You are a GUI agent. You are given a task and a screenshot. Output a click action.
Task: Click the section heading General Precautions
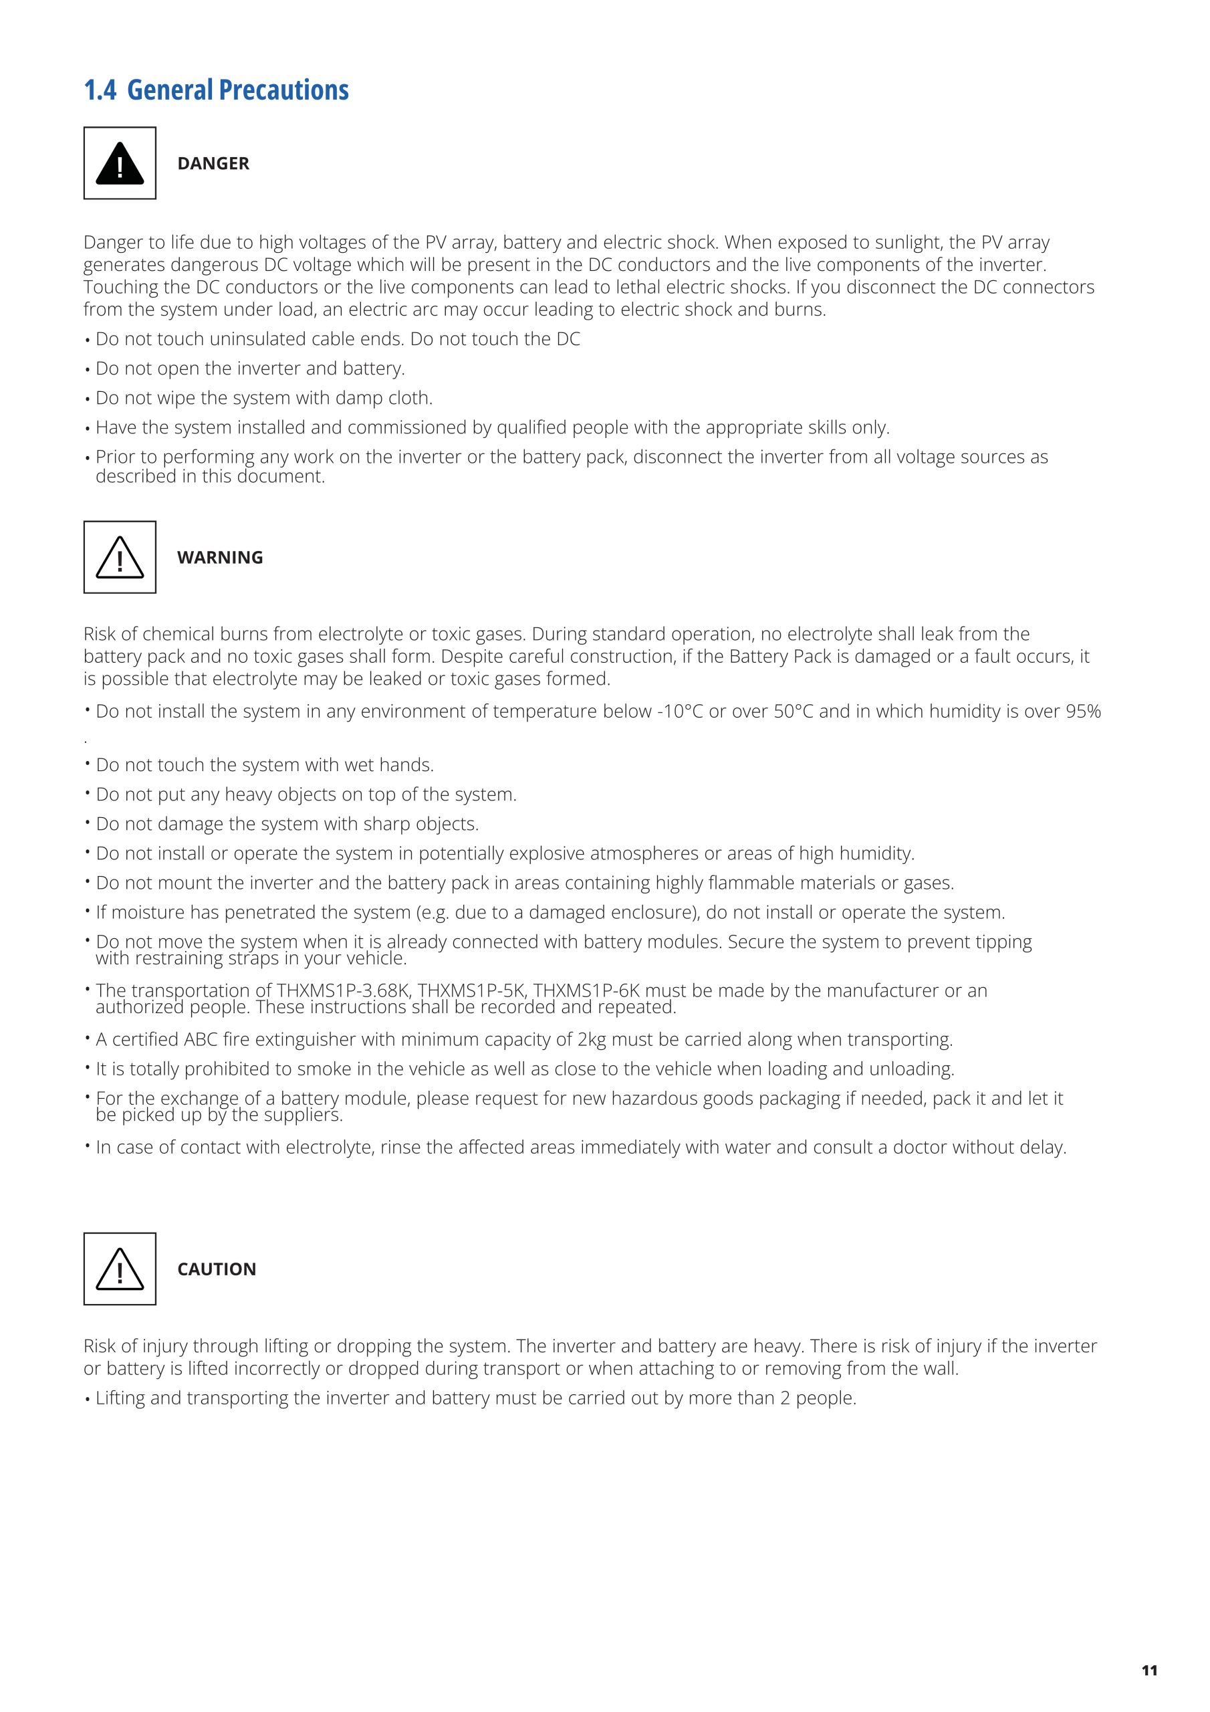pyautogui.click(x=238, y=90)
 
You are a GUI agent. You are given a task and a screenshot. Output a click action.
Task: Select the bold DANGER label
pyautogui.click(x=213, y=163)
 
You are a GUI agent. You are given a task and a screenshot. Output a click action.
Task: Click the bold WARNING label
pyautogui.click(x=220, y=557)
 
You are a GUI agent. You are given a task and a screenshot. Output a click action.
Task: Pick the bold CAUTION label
pyautogui.click(x=216, y=1269)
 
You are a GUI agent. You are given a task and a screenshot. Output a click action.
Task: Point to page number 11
pyautogui.click(x=1150, y=1671)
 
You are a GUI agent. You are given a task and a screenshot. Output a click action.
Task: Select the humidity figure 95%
pyautogui.click(x=1083, y=712)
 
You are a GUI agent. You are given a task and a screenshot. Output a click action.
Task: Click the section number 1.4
pyautogui.click(x=100, y=90)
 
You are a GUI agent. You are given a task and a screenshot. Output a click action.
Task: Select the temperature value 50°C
pyautogui.click(x=794, y=712)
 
